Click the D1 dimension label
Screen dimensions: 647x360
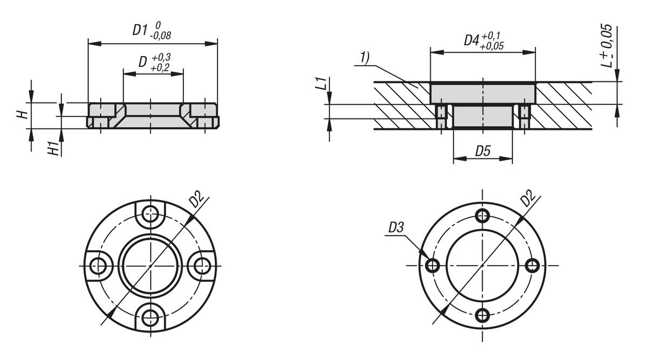point(140,30)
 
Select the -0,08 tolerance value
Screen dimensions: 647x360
point(160,36)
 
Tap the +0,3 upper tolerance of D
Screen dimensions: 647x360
point(161,57)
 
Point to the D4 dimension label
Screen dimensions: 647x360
point(471,40)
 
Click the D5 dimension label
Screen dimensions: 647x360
point(483,151)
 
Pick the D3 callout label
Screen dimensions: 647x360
point(396,227)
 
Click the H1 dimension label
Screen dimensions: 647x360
point(54,149)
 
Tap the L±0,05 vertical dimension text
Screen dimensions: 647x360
point(606,46)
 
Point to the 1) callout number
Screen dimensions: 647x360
point(364,58)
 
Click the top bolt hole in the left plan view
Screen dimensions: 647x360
point(150,214)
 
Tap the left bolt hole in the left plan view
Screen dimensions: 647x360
point(98,266)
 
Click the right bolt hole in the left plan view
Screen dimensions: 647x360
point(202,266)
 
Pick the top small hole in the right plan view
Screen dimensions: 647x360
point(482,216)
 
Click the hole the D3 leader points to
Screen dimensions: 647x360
point(432,265)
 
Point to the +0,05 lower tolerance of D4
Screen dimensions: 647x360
point(492,46)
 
